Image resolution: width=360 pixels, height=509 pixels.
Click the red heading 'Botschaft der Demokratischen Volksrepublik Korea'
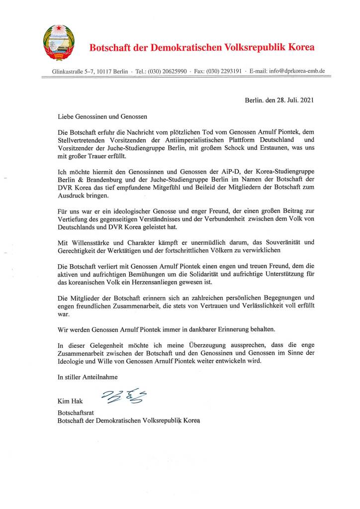[x=201, y=48]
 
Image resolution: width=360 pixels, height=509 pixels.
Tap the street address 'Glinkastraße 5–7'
[x=72, y=72]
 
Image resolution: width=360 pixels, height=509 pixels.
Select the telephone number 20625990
[x=174, y=72]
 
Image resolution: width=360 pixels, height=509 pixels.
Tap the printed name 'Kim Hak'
[x=69, y=401]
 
